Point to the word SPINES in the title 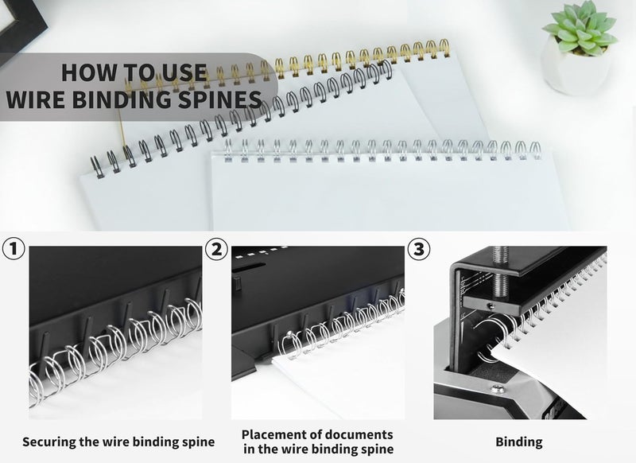223,99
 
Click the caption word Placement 276,434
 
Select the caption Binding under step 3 518,442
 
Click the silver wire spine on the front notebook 382,149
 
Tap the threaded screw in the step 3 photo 501,263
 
